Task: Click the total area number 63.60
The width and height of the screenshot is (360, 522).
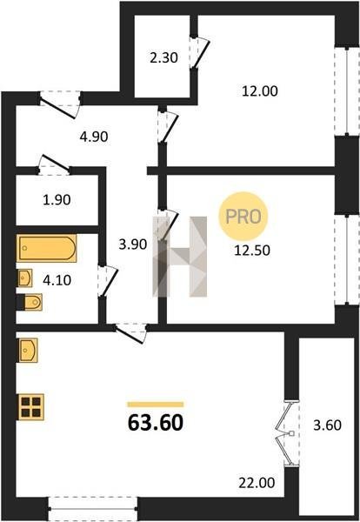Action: pyautogui.click(x=156, y=423)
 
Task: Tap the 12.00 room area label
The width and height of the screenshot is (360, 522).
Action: pyautogui.click(x=259, y=90)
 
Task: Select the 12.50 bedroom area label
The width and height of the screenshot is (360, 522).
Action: pyautogui.click(x=252, y=251)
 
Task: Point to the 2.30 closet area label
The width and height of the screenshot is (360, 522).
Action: pyautogui.click(x=163, y=58)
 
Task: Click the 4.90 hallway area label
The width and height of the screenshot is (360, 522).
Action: pyautogui.click(x=94, y=137)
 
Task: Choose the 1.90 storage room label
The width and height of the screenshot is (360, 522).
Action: pyautogui.click(x=57, y=200)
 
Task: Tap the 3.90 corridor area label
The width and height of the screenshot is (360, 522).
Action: pyautogui.click(x=133, y=244)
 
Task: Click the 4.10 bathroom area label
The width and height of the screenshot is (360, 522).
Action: pyautogui.click(x=57, y=280)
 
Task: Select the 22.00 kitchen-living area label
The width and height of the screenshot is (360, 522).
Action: pyautogui.click(x=257, y=482)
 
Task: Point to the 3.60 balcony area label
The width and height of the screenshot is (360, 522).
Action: pyautogui.click(x=328, y=425)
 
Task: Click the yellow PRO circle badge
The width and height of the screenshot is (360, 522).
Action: pyautogui.click(x=243, y=217)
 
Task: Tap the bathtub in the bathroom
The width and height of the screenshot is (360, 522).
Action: pyautogui.click(x=47, y=248)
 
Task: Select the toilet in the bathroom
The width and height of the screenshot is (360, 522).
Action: pyautogui.click(x=30, y=302)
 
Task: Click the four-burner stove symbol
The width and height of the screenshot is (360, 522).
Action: pyautogui.click(x=31, y=406)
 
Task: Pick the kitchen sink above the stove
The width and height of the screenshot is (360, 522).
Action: pyautogui.click(x=28, y=351)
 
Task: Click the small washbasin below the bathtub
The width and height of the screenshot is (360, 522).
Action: pyautogui.click(x=24, y=278)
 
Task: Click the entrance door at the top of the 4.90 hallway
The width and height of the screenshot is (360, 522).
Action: pyautogui.click(x=60, y=104)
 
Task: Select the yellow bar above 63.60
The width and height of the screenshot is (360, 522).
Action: pyautogui.click(x=156, y=405)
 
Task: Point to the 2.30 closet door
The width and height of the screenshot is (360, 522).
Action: pyautogui.click(x=200, y=52)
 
